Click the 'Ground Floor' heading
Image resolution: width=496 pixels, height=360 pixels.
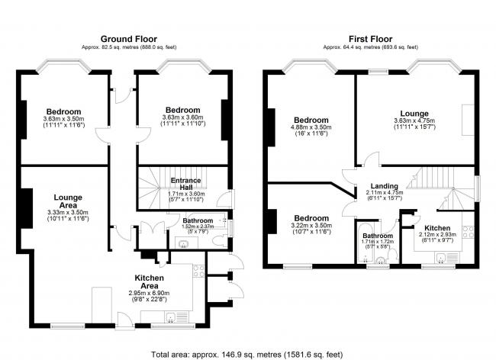click(127, 38)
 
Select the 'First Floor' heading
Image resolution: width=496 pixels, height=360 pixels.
click(370, 38)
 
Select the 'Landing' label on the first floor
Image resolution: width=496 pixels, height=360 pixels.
click(384, 185)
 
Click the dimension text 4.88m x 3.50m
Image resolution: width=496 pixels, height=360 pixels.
click(311, 128)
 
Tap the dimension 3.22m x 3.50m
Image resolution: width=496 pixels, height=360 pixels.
click(311, 225)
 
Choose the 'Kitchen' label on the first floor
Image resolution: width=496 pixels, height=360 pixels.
click(438, 227)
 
